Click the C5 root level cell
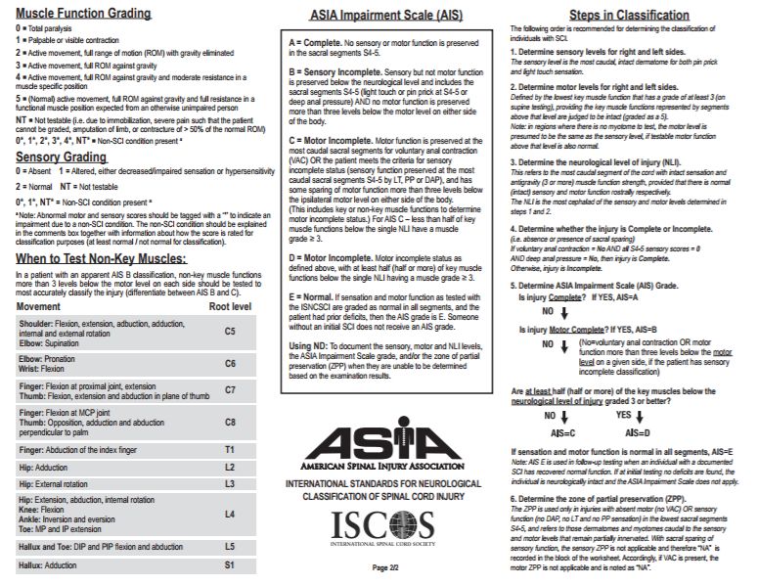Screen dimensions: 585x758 230,331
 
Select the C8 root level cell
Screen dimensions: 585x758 230,422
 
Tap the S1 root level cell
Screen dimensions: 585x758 230,564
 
